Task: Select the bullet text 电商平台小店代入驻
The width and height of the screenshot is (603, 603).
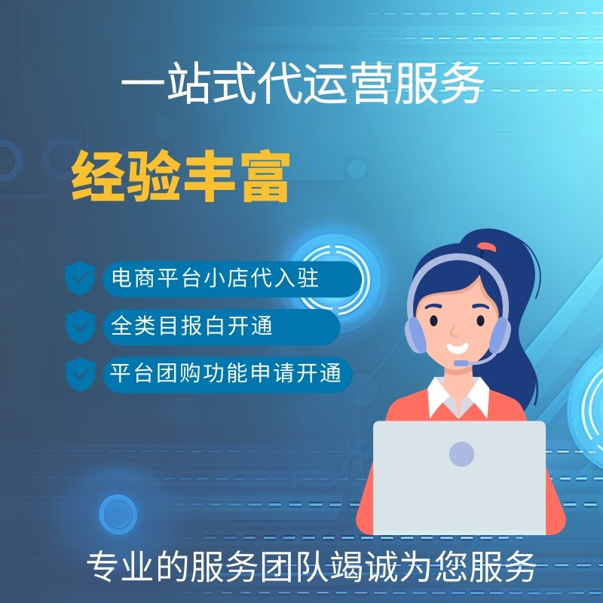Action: click(215, 279)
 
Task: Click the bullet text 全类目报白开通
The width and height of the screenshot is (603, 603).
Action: click(191, 326)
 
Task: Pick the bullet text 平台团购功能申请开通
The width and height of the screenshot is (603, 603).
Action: click(226, 373)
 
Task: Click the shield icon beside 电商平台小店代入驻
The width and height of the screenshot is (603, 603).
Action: click(79, 279)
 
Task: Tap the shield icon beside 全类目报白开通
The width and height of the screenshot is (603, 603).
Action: click(79, 326)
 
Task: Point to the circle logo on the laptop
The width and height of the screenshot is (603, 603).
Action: click(461, 454)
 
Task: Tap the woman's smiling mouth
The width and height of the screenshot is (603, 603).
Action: click(458, 349)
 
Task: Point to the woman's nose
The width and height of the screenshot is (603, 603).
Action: click(452, 332)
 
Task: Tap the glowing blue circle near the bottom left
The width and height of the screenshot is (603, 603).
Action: click(118, 514)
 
